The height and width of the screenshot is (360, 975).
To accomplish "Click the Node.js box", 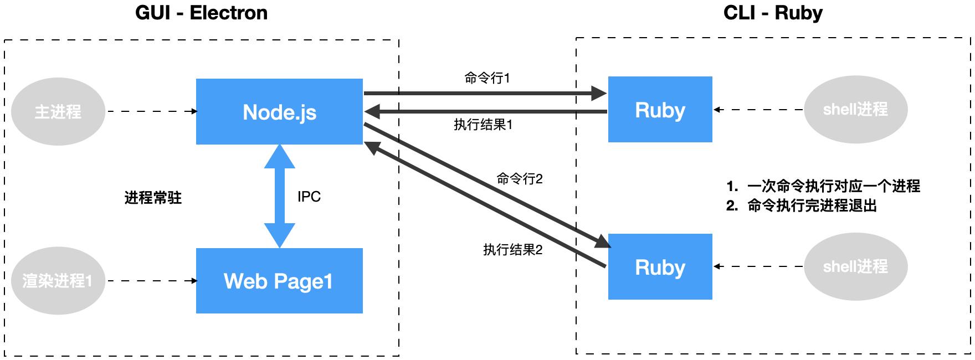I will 279,112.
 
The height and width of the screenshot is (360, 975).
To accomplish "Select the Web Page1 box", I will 279,281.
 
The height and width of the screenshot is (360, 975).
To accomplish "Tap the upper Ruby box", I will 660,110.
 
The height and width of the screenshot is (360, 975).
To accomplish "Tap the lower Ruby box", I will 660,267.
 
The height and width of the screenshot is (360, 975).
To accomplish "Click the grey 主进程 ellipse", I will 58,112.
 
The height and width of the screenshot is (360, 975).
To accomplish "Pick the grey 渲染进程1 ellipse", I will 58,281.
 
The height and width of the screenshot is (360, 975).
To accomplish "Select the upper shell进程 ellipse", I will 855,110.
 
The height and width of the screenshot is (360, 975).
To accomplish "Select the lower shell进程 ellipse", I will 855,267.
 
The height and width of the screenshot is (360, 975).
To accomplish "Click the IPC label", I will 309,197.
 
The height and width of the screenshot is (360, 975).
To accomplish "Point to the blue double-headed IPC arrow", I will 279,197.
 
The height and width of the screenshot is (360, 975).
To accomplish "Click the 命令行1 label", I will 486,78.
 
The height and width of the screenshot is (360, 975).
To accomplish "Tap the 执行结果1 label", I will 483,125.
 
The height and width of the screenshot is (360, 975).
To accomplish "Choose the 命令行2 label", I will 519,179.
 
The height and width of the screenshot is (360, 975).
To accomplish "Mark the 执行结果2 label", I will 512,250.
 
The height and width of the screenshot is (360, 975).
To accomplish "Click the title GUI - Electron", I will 201,13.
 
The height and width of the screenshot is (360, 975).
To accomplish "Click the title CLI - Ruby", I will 773,13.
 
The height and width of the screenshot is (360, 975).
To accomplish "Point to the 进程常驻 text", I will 153,198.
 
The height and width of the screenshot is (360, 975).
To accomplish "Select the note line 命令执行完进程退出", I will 812,206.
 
